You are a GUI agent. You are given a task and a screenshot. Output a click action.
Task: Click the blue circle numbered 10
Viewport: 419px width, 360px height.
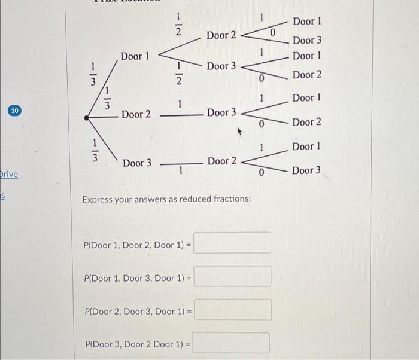click(16, 111)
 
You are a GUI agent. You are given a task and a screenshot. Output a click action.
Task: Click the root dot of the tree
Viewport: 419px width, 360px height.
click(88, 119)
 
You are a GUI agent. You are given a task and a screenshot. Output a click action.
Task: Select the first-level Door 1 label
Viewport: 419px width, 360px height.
click(135, 56)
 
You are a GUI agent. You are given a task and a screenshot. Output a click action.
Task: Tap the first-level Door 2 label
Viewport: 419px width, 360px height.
click(136, 114)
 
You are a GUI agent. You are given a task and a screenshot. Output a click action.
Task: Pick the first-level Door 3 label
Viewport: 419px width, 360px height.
click(137, 163)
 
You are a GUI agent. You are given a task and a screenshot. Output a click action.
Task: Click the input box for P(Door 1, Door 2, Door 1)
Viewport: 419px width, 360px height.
click(232, 243)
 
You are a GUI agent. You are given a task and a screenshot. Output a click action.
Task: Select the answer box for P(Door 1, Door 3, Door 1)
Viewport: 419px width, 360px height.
click(232, 276)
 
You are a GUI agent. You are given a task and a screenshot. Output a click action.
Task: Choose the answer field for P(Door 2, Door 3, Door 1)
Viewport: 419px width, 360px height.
click(232, 310)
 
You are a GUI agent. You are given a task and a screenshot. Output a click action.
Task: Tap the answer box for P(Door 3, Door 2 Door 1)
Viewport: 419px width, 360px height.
click(231, 343)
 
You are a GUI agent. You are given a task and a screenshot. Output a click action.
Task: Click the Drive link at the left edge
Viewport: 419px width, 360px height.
click(8, 174)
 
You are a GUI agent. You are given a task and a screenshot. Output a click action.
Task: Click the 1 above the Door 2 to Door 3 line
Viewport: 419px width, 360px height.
click(178, 105)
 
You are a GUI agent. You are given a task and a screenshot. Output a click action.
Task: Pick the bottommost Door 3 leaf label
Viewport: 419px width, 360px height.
click(306, 170)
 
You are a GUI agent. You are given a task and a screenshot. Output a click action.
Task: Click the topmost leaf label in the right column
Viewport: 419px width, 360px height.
click(307, 22)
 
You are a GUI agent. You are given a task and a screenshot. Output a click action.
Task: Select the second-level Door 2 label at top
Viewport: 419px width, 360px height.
click(221, 35)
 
